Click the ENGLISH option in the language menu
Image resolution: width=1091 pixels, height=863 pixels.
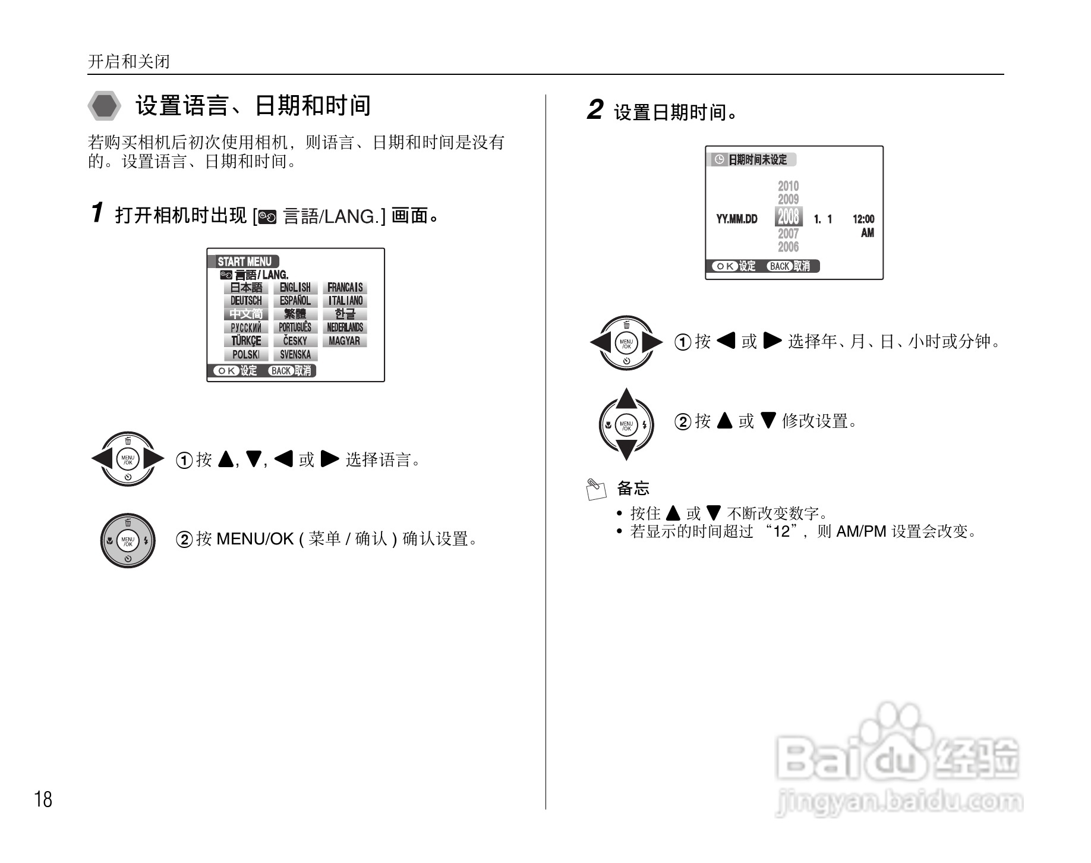coord(295,288)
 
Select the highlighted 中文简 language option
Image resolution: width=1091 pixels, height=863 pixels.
coord(246,314)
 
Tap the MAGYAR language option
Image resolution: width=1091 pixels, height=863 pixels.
coord(345,341)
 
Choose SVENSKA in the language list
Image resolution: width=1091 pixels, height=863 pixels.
coord(295,355)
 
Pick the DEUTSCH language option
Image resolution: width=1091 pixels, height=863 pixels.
coord(246,301)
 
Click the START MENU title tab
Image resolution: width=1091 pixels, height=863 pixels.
coord(244,262)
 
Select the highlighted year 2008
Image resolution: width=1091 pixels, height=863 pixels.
coord(789,216)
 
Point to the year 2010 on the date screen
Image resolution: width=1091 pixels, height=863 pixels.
coord(789,186)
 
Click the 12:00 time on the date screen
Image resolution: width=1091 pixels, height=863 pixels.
coord(863,219)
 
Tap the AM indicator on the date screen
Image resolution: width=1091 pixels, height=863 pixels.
coord(868,233)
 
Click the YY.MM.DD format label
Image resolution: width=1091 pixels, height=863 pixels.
coord(737,219)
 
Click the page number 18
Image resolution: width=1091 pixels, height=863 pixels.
coord(43,800)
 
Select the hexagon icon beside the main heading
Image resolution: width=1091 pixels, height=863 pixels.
coord(105,106)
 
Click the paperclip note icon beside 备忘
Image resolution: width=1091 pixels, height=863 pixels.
coord(596,489)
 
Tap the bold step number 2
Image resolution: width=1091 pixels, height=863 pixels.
coord(595,110)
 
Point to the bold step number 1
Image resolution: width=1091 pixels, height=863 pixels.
coord(98,213)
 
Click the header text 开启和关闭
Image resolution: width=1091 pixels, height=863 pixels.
coord(129,62)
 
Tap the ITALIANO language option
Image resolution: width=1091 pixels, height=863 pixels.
coord(345,301)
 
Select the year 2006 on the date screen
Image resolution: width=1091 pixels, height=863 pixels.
coord(789,247)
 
